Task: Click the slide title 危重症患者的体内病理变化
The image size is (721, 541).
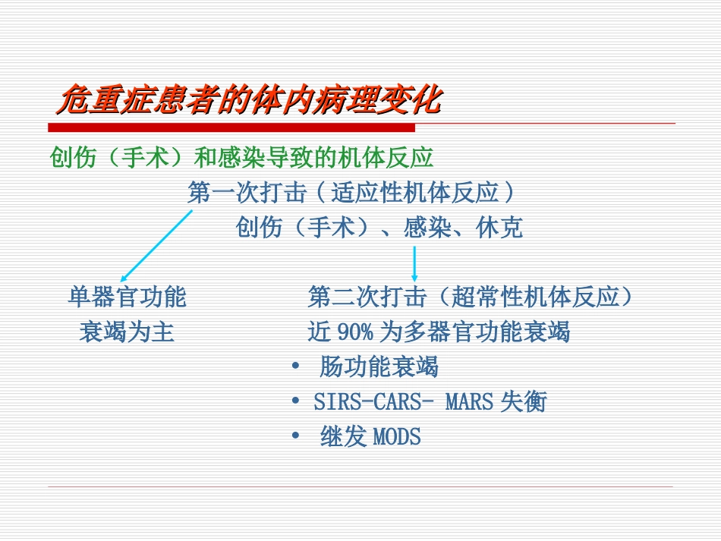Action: click(x=249, y=99)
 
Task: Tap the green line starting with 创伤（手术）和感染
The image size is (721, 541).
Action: click(x=241, y=158)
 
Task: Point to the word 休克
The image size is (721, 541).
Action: click(x=499, y=228)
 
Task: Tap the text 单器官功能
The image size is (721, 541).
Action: click(x=127, y=297)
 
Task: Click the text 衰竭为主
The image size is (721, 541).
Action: click(x=127, y=332)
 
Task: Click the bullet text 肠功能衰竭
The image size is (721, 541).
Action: click(x=379, y=367)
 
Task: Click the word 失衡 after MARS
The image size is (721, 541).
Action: click(x=523, y=402)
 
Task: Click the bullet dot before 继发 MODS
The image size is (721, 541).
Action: click(x=296, y=437)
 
